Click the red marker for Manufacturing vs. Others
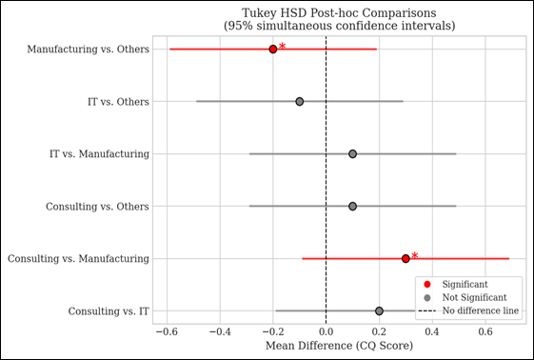pos(273,49)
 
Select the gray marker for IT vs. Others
pos(300,101)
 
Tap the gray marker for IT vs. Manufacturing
pos(352,153)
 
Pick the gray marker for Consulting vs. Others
pos(352,206)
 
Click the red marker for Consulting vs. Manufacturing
pos(405,258)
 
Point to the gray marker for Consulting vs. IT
pos(379,310)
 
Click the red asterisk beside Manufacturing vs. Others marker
pos(282,47)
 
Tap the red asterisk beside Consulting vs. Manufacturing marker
pos(414,256)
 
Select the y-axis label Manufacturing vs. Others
pos(88,49)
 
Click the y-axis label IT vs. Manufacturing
pos(99,153)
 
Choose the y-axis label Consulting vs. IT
pos(109,310)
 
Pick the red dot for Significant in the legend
pos(427,284)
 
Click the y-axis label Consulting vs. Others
pos(99,206)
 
